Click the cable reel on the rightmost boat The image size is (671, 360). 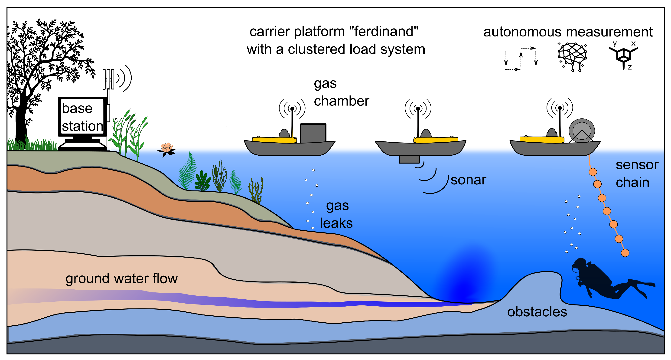[581, 131]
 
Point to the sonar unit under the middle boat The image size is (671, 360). [409, 159]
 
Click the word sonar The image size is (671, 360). [468, 180]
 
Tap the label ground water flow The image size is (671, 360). [121, 278]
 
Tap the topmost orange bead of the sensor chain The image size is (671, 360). [593, 172]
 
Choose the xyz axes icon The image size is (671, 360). [623, 56]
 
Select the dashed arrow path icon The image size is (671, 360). [521, 59]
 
